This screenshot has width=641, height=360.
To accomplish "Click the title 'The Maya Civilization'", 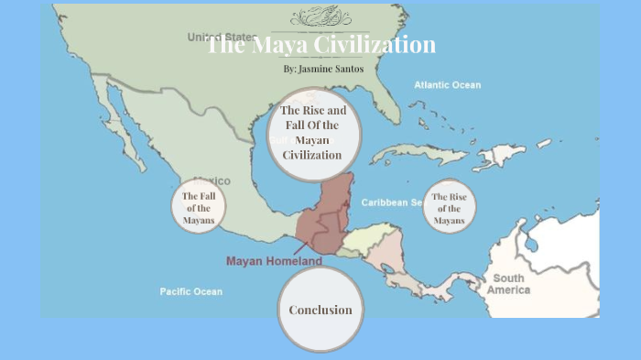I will pyautogui.click(x=320, y=45).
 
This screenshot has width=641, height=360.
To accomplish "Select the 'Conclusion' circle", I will pyautogui.click(x=320, y=310).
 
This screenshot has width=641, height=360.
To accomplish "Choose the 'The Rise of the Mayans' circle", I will pyautogui.click(x=449, y=208).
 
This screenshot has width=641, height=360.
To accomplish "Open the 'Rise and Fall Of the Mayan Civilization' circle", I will pyautogui.click(x=314, y=134).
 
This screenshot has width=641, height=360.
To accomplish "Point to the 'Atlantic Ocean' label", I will pyautogui.click(x=447, y=85).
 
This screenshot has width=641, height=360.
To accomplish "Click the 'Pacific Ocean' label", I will pyautogui.click(x=190, y=291).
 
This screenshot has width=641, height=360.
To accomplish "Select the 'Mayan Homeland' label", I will pyautogui.click(x=274, y=261).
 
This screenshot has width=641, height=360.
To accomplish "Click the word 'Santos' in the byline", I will pyautogui.click(x=346, y=69).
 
